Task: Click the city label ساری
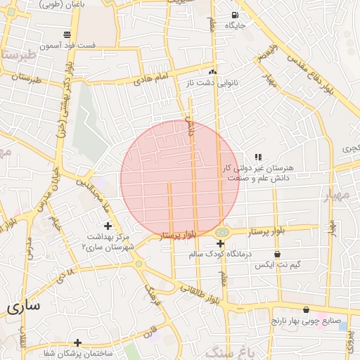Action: click(x=23, y=307)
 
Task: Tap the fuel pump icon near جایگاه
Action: click(x=234, y=15)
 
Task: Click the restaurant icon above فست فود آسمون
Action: click(x=67, y=34)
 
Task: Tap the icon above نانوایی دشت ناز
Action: click(x=212, y=72)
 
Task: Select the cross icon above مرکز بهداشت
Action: click(x=107, y=226)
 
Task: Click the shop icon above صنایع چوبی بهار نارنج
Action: click(x=306, y=310)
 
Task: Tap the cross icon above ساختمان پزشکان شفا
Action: click(x=77, y=342)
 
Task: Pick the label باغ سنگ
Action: click(x=229, y=349)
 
